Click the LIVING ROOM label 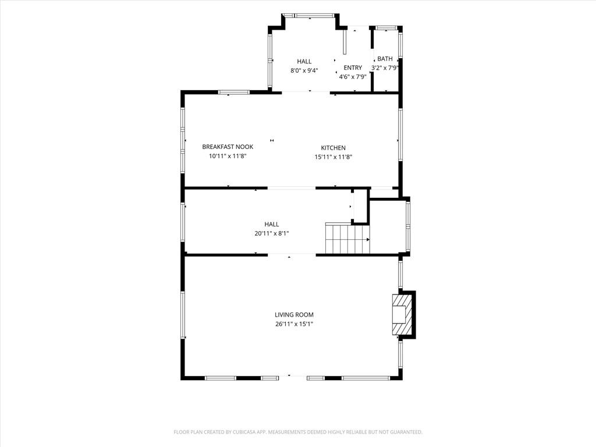294,315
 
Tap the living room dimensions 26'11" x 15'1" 294,324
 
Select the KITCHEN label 334,148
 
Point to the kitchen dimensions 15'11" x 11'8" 334,157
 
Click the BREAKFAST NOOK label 228,147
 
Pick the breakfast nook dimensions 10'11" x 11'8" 228,156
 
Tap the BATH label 385,59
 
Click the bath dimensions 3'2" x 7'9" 385,68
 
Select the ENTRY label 353,68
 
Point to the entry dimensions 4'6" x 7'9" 353,77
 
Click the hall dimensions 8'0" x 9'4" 304,70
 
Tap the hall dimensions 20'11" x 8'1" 272,233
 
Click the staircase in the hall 347,239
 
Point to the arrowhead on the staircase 368,239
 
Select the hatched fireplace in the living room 400,314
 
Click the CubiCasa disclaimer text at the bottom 298,432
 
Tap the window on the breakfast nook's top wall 234,93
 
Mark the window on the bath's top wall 386,28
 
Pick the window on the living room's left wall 183,315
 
